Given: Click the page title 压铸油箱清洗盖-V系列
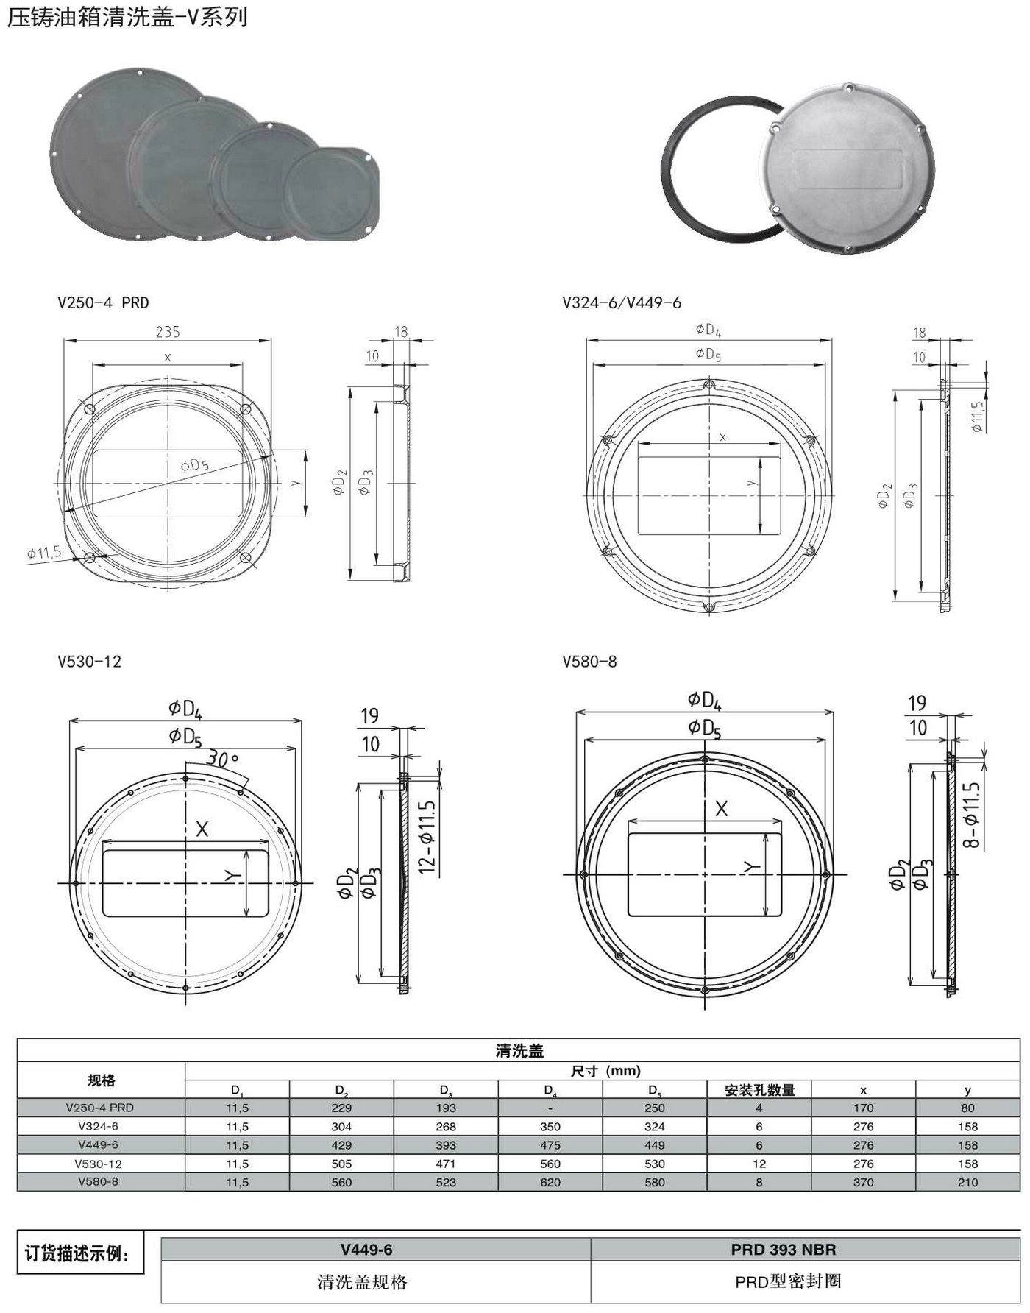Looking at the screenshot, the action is click(x=127, y=17).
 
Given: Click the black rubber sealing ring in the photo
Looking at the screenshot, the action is click(x=725, y=169).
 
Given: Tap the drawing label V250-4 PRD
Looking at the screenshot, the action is click(x=103, y=302).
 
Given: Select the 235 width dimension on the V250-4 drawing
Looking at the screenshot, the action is click(x=168, y=332).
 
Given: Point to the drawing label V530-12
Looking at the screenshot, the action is click(x=90, y=662).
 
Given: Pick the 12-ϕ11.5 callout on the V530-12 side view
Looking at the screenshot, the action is click(x=427, y=837).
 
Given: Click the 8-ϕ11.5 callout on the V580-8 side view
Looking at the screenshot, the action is click(x=971, y=815).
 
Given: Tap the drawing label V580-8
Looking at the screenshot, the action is click(x=589, y=662).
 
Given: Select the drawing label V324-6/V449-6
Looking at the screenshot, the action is click(x=622, y=302).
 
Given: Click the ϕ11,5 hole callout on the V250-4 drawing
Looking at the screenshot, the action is click(x=44, y=553).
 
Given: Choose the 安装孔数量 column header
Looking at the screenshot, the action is click(x=759, y=1090).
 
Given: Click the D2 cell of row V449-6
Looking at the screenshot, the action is click(x=341, y=1145).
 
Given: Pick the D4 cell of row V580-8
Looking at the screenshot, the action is click(x=550, y=1182).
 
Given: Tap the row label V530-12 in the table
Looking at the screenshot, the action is click(x=99, y=1164).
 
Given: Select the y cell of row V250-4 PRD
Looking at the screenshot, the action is click(x=967, y=1108).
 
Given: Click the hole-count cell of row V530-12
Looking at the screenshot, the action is click(x=759, y=1164).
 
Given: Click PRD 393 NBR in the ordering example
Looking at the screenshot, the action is click(x=784, y=1250).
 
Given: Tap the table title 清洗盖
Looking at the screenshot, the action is click(x=519, y=1051).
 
